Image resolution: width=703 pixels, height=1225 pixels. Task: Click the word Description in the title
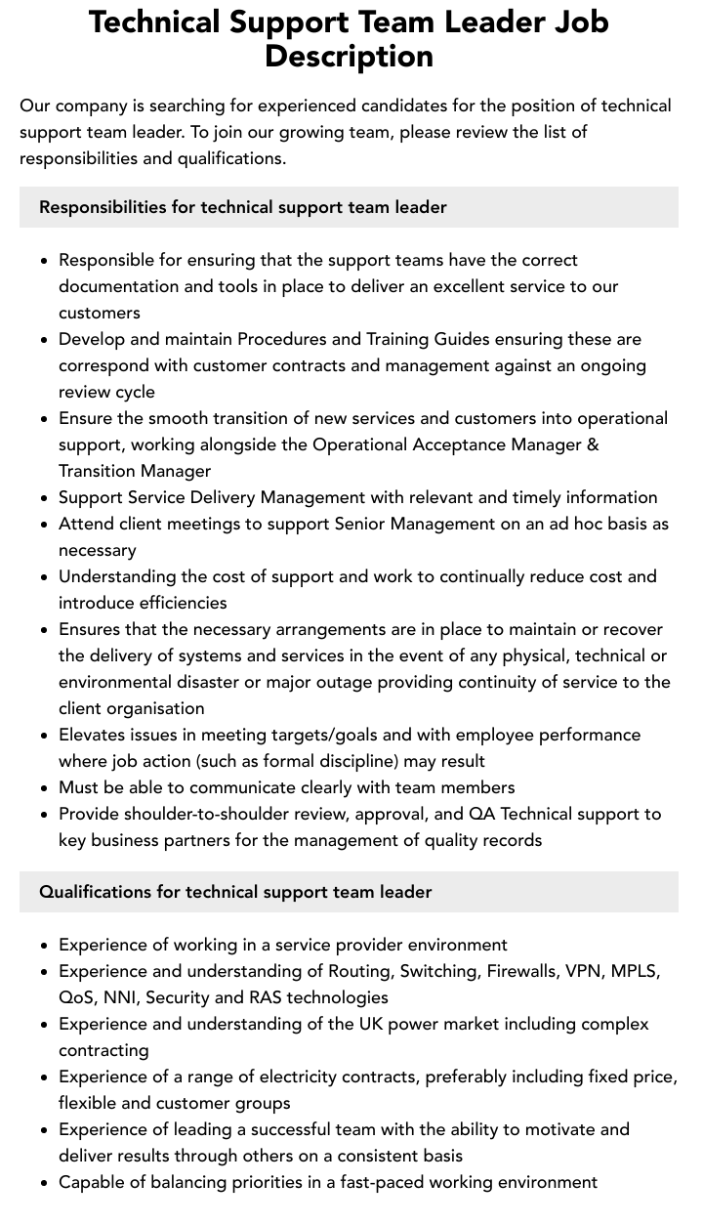coord(349,57)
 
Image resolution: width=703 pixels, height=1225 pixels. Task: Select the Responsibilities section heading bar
coord(349,207)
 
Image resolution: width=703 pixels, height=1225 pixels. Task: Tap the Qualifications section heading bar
coord(349,892)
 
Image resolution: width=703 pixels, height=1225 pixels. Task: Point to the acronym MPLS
coord(636,971)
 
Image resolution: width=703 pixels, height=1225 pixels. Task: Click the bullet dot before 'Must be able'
coord(45,788)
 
